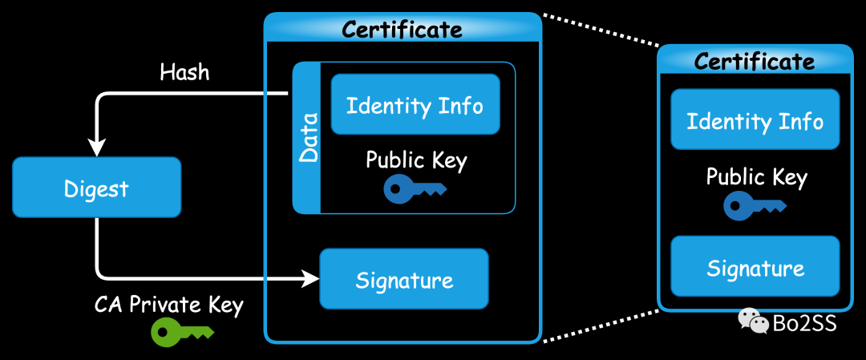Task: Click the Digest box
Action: pyautogui.click(x=97, y=189)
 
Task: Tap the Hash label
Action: pyautogui.click(x=184, y=72)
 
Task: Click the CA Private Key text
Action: pyautogui.click(x=168, y=305)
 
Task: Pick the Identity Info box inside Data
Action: pyautogui.click(x=415, y=104)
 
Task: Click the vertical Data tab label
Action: pyautogui.click(x=307, y=138)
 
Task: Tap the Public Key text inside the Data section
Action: pyautogui.click(x=416, y=160)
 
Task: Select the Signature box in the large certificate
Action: pyautogui.click(x=404, y=280)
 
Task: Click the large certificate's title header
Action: pyautogui.click(x=403, y=30)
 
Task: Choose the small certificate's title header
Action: pyautogui.click(x=755, y=61)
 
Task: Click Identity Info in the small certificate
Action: pyautogui.click(x=755, y=120)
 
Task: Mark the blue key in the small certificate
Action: pyautogui.click(x=755, y=206)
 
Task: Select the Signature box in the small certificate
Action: pyautogui.click(x=755, y=267)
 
